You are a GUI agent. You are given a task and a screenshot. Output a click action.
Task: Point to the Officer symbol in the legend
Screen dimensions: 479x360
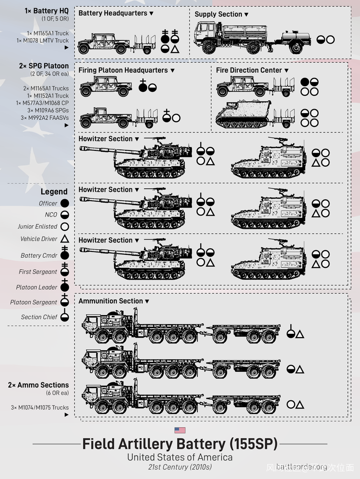click(64, 204)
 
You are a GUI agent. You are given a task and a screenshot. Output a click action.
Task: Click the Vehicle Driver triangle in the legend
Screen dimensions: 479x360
click(64, 239)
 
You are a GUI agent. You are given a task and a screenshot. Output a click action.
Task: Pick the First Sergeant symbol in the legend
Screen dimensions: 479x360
click(64, 271)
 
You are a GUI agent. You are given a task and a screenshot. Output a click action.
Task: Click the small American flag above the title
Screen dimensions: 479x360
click(180, 430)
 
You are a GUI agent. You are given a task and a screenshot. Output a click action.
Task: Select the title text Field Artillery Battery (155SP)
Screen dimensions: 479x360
click(180, 444)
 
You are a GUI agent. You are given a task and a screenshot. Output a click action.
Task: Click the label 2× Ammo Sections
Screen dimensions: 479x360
click(38, 385)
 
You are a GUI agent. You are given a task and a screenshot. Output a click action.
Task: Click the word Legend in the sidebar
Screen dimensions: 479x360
click(54, 192)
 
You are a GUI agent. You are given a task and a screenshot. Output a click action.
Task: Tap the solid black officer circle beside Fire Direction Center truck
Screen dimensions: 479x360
click(304, 82)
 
